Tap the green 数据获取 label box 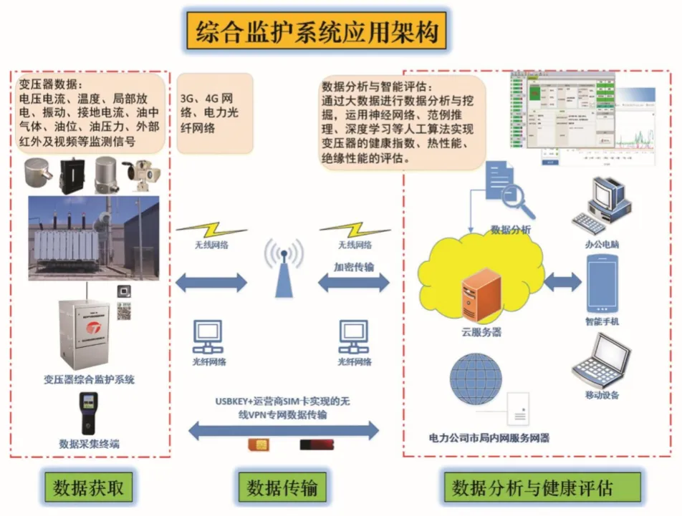pyautogui.click(x=89, y=488)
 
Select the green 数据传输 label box pyautogui.click(x=282, y=488)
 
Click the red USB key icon pyautogui.click(x=316, y=445)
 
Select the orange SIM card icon pyautogui.click(x=256, y=445)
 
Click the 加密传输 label pyautogui.click(x=353, y=267)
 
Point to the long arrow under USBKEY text pyautogui.click(x=283, y=429)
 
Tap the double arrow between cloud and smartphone pyautogui.click(x=562, y=282)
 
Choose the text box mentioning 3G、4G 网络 pyautogui.click(x=214, y=113)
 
